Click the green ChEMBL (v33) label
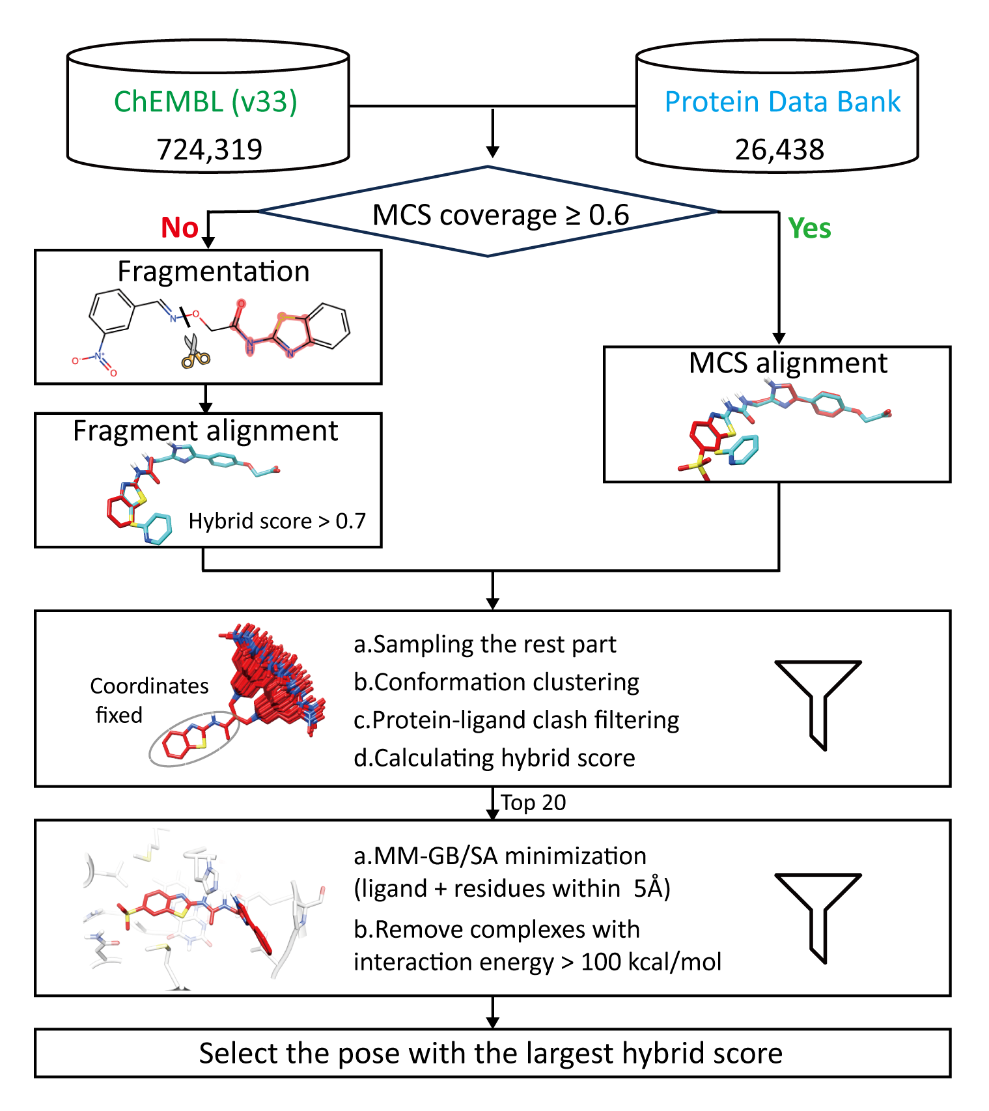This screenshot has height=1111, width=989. point(206,102)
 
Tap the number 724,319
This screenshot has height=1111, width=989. point(209,149)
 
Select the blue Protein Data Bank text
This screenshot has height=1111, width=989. point(783,102)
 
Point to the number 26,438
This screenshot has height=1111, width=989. point(779,149)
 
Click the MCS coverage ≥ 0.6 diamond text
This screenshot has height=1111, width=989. point(500,215)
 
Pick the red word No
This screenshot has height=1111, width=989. point(180,228)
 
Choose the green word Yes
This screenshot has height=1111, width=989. point(809,229)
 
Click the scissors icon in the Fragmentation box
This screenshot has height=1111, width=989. point(195,352)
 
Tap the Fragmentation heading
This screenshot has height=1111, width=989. point(213,271)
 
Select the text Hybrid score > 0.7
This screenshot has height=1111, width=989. point(277,521)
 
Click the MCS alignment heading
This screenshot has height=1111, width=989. point(788,363)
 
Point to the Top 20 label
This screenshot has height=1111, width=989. point(533,802)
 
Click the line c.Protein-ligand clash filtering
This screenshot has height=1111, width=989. point(516,720)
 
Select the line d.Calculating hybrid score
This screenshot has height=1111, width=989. point(494,757)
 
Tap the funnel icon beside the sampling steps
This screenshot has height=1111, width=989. point(818,697)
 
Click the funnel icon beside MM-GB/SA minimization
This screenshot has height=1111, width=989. point(818,909)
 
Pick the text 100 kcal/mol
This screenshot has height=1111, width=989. point(651,961)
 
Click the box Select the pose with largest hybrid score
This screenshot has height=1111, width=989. point(492,1053)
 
